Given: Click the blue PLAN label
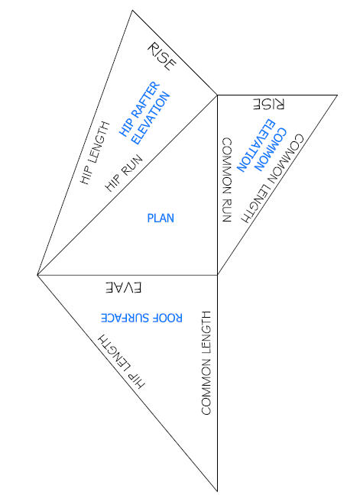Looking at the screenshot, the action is (x=161, y=218).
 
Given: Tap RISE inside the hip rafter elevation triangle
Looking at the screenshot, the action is (x=161, y=57).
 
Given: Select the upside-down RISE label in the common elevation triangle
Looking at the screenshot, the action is (x=268, y=104).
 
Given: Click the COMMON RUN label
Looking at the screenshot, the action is (x=226, y=179).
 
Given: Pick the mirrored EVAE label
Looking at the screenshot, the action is (x=123, y=287).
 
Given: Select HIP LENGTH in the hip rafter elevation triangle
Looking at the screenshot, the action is (x=95, y=153).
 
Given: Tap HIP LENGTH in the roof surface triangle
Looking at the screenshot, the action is (x=121, y=361).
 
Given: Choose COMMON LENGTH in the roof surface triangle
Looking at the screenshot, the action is (x=206, y=363).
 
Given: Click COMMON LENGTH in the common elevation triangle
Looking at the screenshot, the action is (x=272, y=179).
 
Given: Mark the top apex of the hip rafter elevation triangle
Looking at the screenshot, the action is (x=132, y=10).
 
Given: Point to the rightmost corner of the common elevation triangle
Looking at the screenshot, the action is (x=337, y=95).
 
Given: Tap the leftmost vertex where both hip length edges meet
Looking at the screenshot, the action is (x=37, y=275).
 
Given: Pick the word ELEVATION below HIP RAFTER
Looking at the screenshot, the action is (x=151, y=118).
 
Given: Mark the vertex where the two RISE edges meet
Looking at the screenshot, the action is (x=217, y=95).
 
